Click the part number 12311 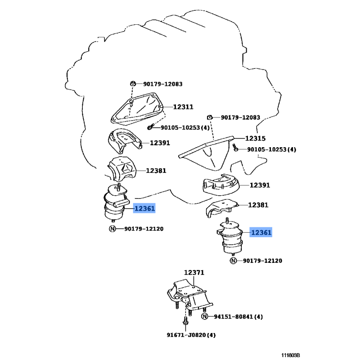pos(183,107)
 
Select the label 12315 pos(255,139)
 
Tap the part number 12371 pos(194,273)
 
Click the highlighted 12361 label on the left pos(144,208)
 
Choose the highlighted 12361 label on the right pos(261,232)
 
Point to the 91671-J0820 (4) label pos(191,335)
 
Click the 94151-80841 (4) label pos(238,317)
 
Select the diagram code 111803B pos(291,355)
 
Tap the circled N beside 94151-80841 pos(205,316)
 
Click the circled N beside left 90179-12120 pos(112,229)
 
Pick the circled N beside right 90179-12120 pos(233,261)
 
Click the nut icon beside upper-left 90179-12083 pos(133,84)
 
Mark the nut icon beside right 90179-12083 pos(210,117)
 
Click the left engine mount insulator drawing pos(116,202)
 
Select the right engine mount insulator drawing pos(229,237)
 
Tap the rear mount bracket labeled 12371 pos(189,295)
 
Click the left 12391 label pos(160,143)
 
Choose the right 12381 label pos(258,205)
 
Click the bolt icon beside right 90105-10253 pos(235,148)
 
